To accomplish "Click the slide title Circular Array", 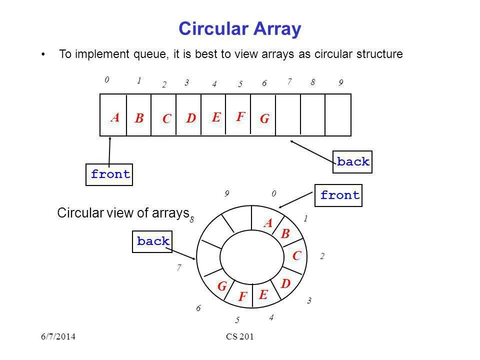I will (x=239, y=29).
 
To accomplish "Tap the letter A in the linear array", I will (x=115, y=117).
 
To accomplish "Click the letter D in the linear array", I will (x=190, y=119).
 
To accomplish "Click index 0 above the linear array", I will (x=106, y=79).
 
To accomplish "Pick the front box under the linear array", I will (x=110, y=174).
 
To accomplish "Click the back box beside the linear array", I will (x=353, y=162).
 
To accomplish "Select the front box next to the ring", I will (x=340, y=195).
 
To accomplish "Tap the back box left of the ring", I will (x=153, y=241).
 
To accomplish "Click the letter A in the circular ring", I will (x=268, y=223).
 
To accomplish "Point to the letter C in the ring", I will (x=297, y=256).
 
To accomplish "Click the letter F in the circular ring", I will (x=243, y=297).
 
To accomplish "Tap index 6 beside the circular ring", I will (x=198, y=308).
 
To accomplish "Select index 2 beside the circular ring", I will (x=322, y=256).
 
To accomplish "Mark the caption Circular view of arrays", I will (x=122, y=213).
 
